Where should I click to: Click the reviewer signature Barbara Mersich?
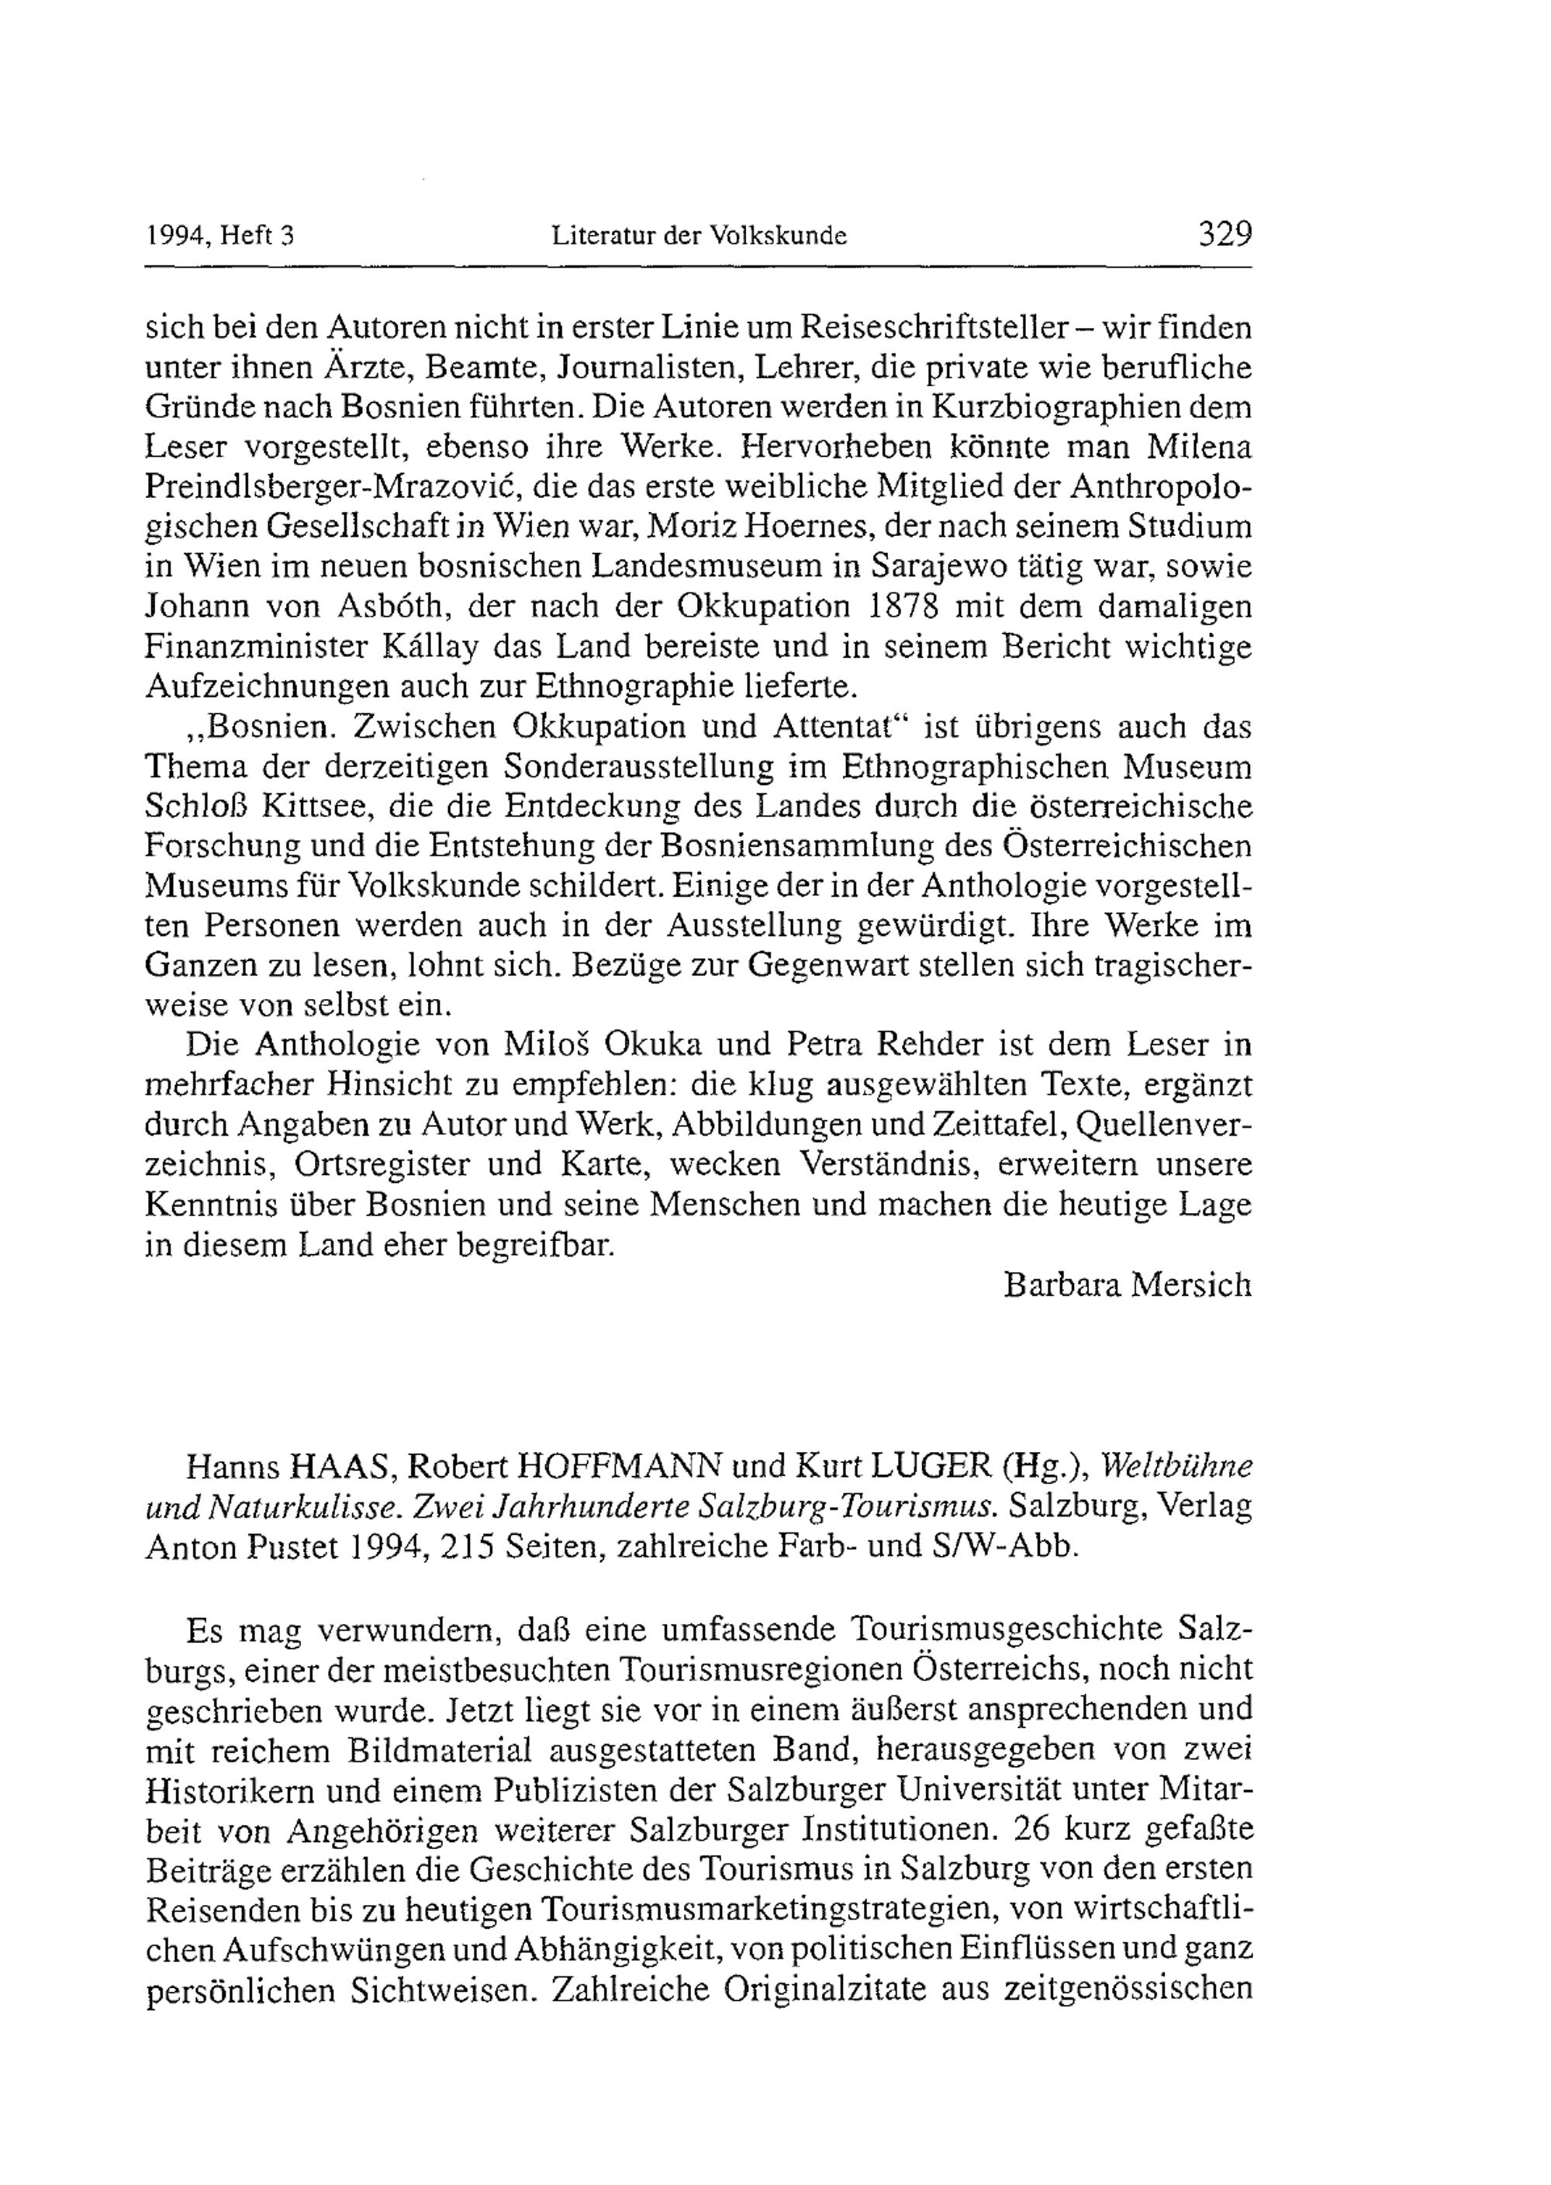[x=1127, y=1285]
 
